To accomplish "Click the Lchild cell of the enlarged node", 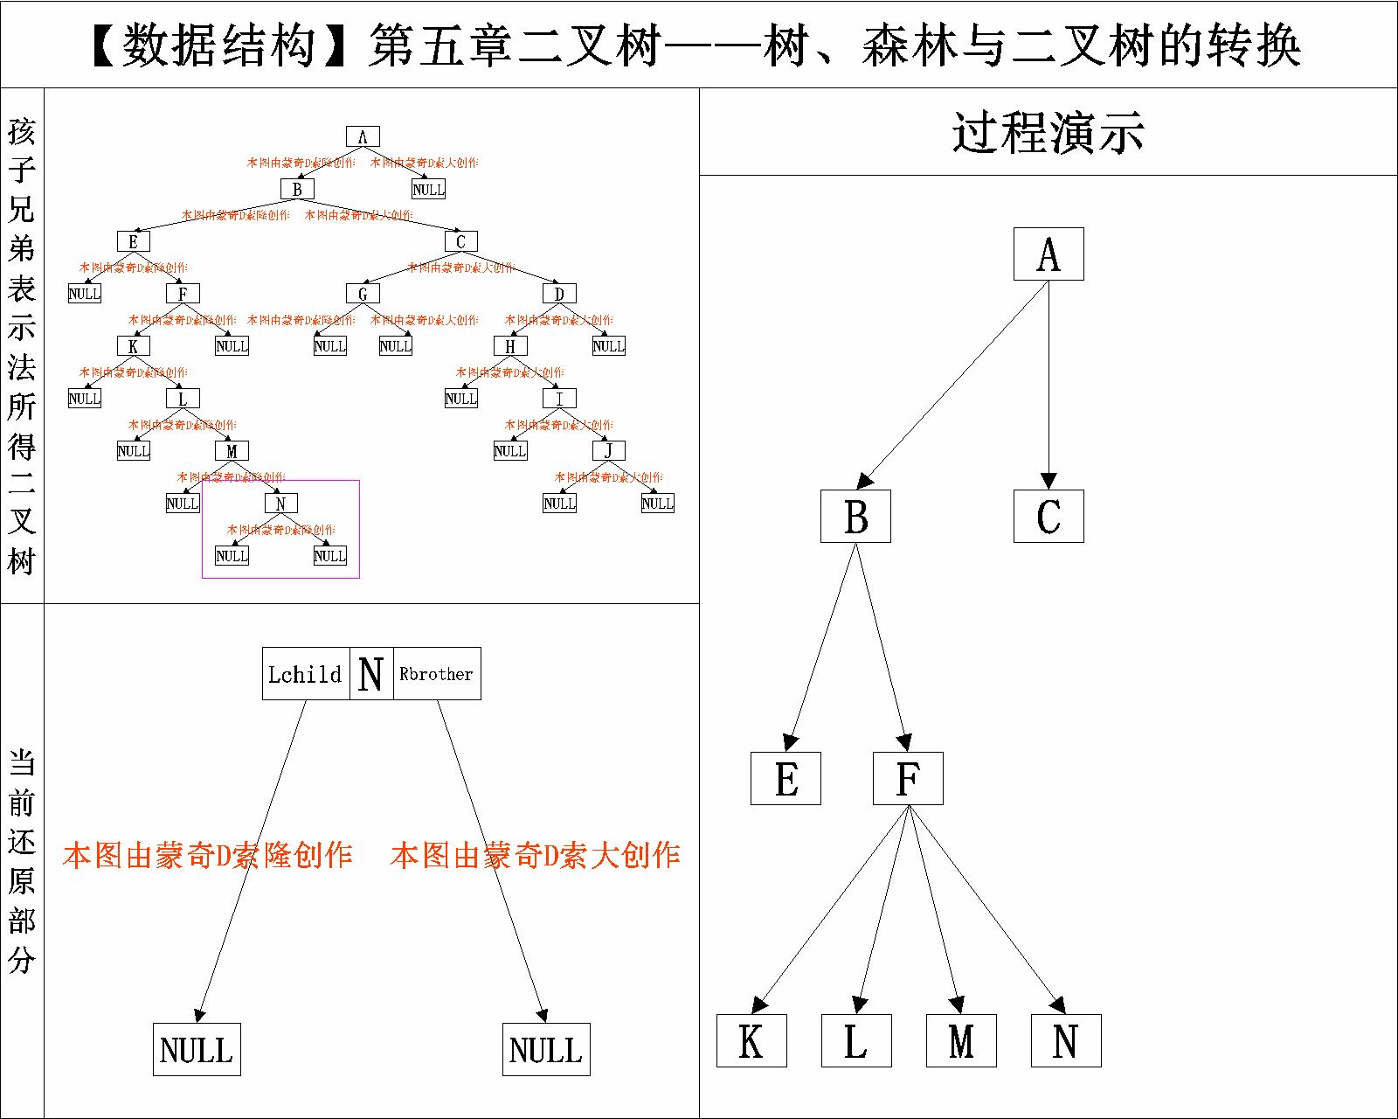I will coord(306,674).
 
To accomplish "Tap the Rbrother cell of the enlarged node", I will coord(437,674).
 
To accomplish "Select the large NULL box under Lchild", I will coord(197,1049).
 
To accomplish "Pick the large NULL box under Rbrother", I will coord(546,1049).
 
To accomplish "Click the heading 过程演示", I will coord(1048,133).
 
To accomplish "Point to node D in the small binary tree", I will coord(559,294).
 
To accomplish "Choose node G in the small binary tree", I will coord(363,294).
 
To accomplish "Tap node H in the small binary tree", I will coord(510,346).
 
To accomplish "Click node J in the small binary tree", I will coord(608,451).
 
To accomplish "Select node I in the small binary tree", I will coord(559,399).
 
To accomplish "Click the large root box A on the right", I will coord(1048,254).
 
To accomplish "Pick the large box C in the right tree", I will coord(1048,516).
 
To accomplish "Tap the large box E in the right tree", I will coord(786,778).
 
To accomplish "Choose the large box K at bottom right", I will coord(751,1040).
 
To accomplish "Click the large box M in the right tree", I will coord(961,1040).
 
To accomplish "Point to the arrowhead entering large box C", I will coord(1048,481).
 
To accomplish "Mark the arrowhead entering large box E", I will coord(790,743).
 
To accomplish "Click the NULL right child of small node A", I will coord(428,189).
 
